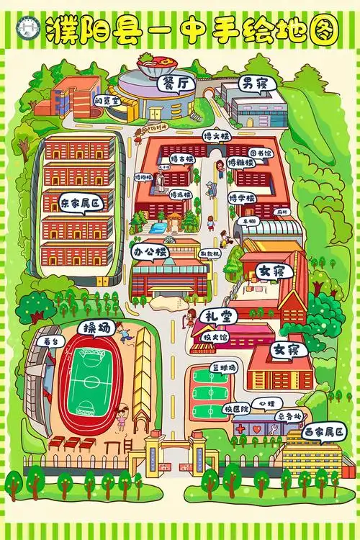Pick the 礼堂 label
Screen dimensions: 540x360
pos(217,316)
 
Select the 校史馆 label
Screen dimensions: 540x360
pos(213,336)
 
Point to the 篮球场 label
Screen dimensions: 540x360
pos(222,367)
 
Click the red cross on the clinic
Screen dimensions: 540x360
pos(240,428)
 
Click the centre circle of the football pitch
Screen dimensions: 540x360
pos(86,377)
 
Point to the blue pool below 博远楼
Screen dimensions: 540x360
pos(155,228)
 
